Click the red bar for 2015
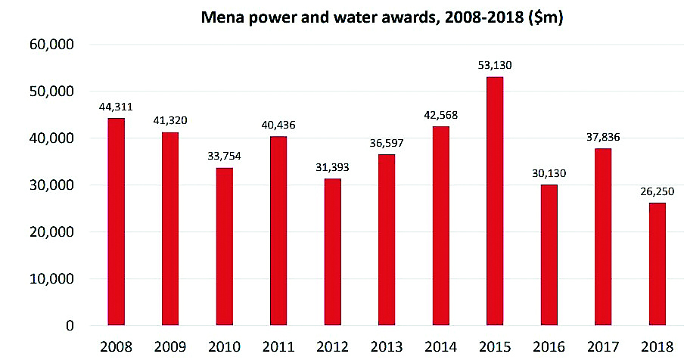pos(495,201)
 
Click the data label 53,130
pos(495,66)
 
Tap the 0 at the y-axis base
pos(69,326)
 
